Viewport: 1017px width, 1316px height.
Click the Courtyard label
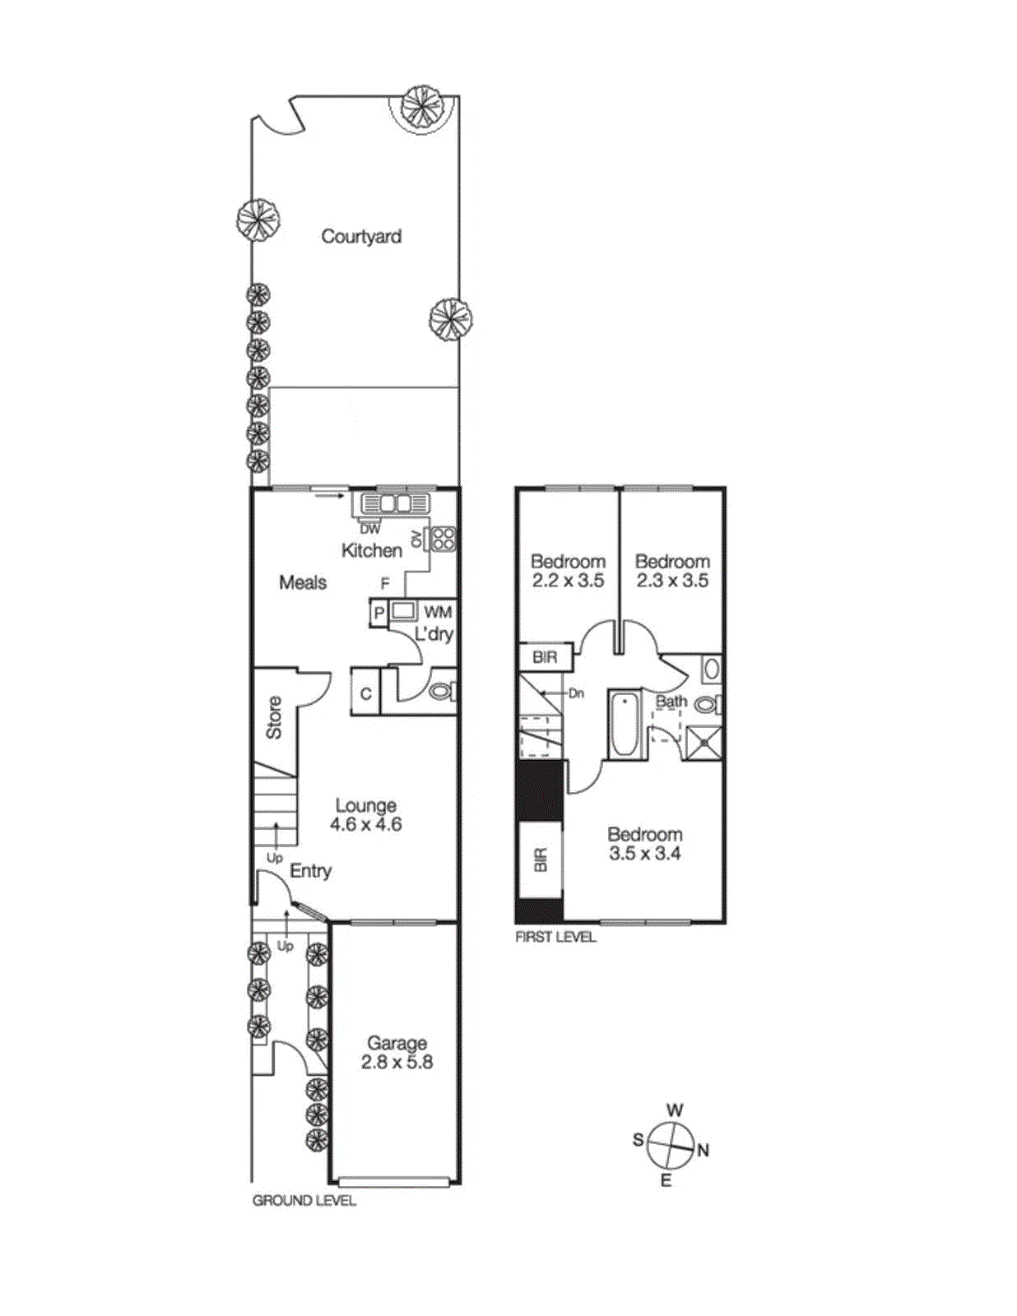(x=361, y=237)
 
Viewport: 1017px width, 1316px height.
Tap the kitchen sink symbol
(x=393, y=503)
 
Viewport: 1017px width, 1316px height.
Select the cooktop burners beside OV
(x=443, y=539)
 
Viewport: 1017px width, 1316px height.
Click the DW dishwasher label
(x=370, y=530)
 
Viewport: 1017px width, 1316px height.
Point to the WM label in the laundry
(x=438, y=612)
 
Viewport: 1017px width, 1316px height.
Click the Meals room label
(x=303, y=583)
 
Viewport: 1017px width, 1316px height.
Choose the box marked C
(x=365, y=693)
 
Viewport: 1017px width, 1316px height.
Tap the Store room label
(x=274, y=717)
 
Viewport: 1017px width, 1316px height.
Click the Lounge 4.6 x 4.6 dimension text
(x=366, y=824)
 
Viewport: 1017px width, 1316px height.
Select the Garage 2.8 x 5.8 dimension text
(x=397, y=1062)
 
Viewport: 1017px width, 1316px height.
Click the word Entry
(x=311, y=871)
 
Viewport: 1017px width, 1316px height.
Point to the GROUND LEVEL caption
(x=304, y=1201)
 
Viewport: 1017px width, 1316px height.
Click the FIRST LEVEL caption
(x=555, y=937)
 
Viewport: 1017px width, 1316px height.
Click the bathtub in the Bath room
(x=623, y=724)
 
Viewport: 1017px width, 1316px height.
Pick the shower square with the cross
(x=704, y=743)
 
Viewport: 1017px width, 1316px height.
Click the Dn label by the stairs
(x=576, y=693)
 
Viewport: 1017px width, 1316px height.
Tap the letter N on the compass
(x=704, y=1150)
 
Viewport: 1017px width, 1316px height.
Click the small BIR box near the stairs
(x=545, y=657)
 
